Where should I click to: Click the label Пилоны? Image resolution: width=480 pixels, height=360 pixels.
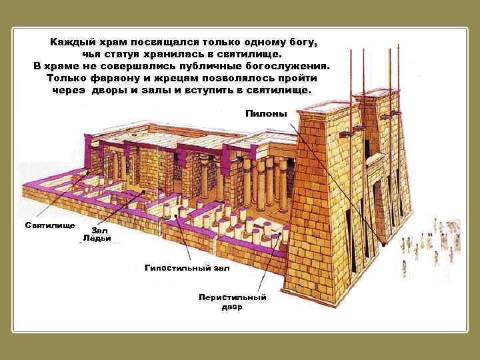(x=266, y=113)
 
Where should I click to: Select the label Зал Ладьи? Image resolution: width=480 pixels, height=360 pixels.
(x=97, y=233)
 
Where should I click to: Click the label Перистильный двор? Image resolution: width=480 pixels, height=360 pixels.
(x=232, y=302)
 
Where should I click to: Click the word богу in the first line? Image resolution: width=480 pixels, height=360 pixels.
(x=302, y=41)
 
